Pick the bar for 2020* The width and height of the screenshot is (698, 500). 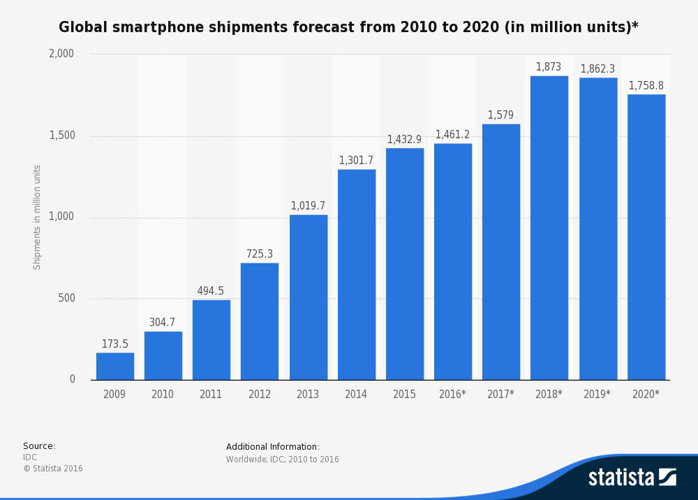(x=646, y=237)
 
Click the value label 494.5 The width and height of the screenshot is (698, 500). (x=211, y=291)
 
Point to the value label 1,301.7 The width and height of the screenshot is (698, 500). (x=356, y=161)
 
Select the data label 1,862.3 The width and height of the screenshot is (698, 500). (x=597, y=69)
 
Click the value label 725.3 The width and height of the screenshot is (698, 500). (x=260, y=254)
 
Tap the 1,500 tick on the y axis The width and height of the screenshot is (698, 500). (x=61, y=135)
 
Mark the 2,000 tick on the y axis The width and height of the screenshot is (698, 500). (x=61, y=54)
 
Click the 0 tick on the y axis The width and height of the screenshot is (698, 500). (x=72, y=379)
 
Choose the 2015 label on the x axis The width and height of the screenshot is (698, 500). (x=404, y=395)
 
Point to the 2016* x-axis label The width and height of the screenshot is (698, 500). (x=452, y=395)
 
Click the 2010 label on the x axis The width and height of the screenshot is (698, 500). (x=163, y=395)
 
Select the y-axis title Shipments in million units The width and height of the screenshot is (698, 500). (x=38, y=217)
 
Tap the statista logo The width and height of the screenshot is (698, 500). (x=632, y=477)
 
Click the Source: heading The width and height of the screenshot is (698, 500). (x=39, y=446)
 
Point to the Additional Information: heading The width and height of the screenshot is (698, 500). (x=273, y=447)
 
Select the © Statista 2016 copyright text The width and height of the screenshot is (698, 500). (x=53, y=469)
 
